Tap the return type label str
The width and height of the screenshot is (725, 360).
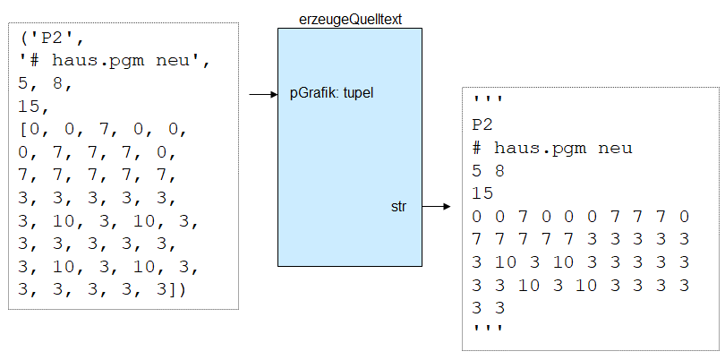(x=399, y=207)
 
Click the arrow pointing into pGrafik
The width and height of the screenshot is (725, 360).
(x=262, y=93)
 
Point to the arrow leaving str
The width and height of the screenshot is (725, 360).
(x=435, y=207)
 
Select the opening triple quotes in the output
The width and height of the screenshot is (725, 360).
(x=488, y=103)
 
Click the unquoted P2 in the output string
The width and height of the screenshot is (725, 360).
(x=482, y=125)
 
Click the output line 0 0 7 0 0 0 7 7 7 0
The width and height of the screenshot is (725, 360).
(x=581, y=216)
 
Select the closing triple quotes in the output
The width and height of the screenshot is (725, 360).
(x=488, y=330)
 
